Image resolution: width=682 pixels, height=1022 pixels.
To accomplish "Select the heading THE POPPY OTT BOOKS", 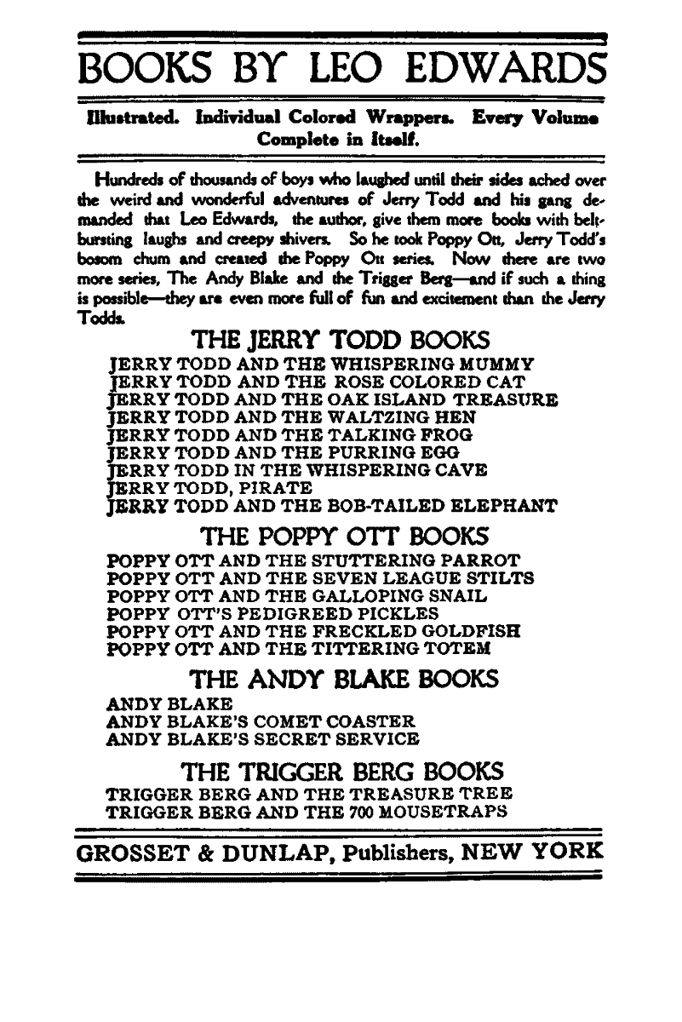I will pyautogui.click(x=344, y=537).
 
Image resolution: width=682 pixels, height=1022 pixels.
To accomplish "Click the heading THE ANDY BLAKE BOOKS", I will pyautogui.click(x=343, y=680).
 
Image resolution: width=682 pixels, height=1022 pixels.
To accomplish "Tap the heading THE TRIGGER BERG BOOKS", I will pyautogui.click(x=343, y=772).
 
